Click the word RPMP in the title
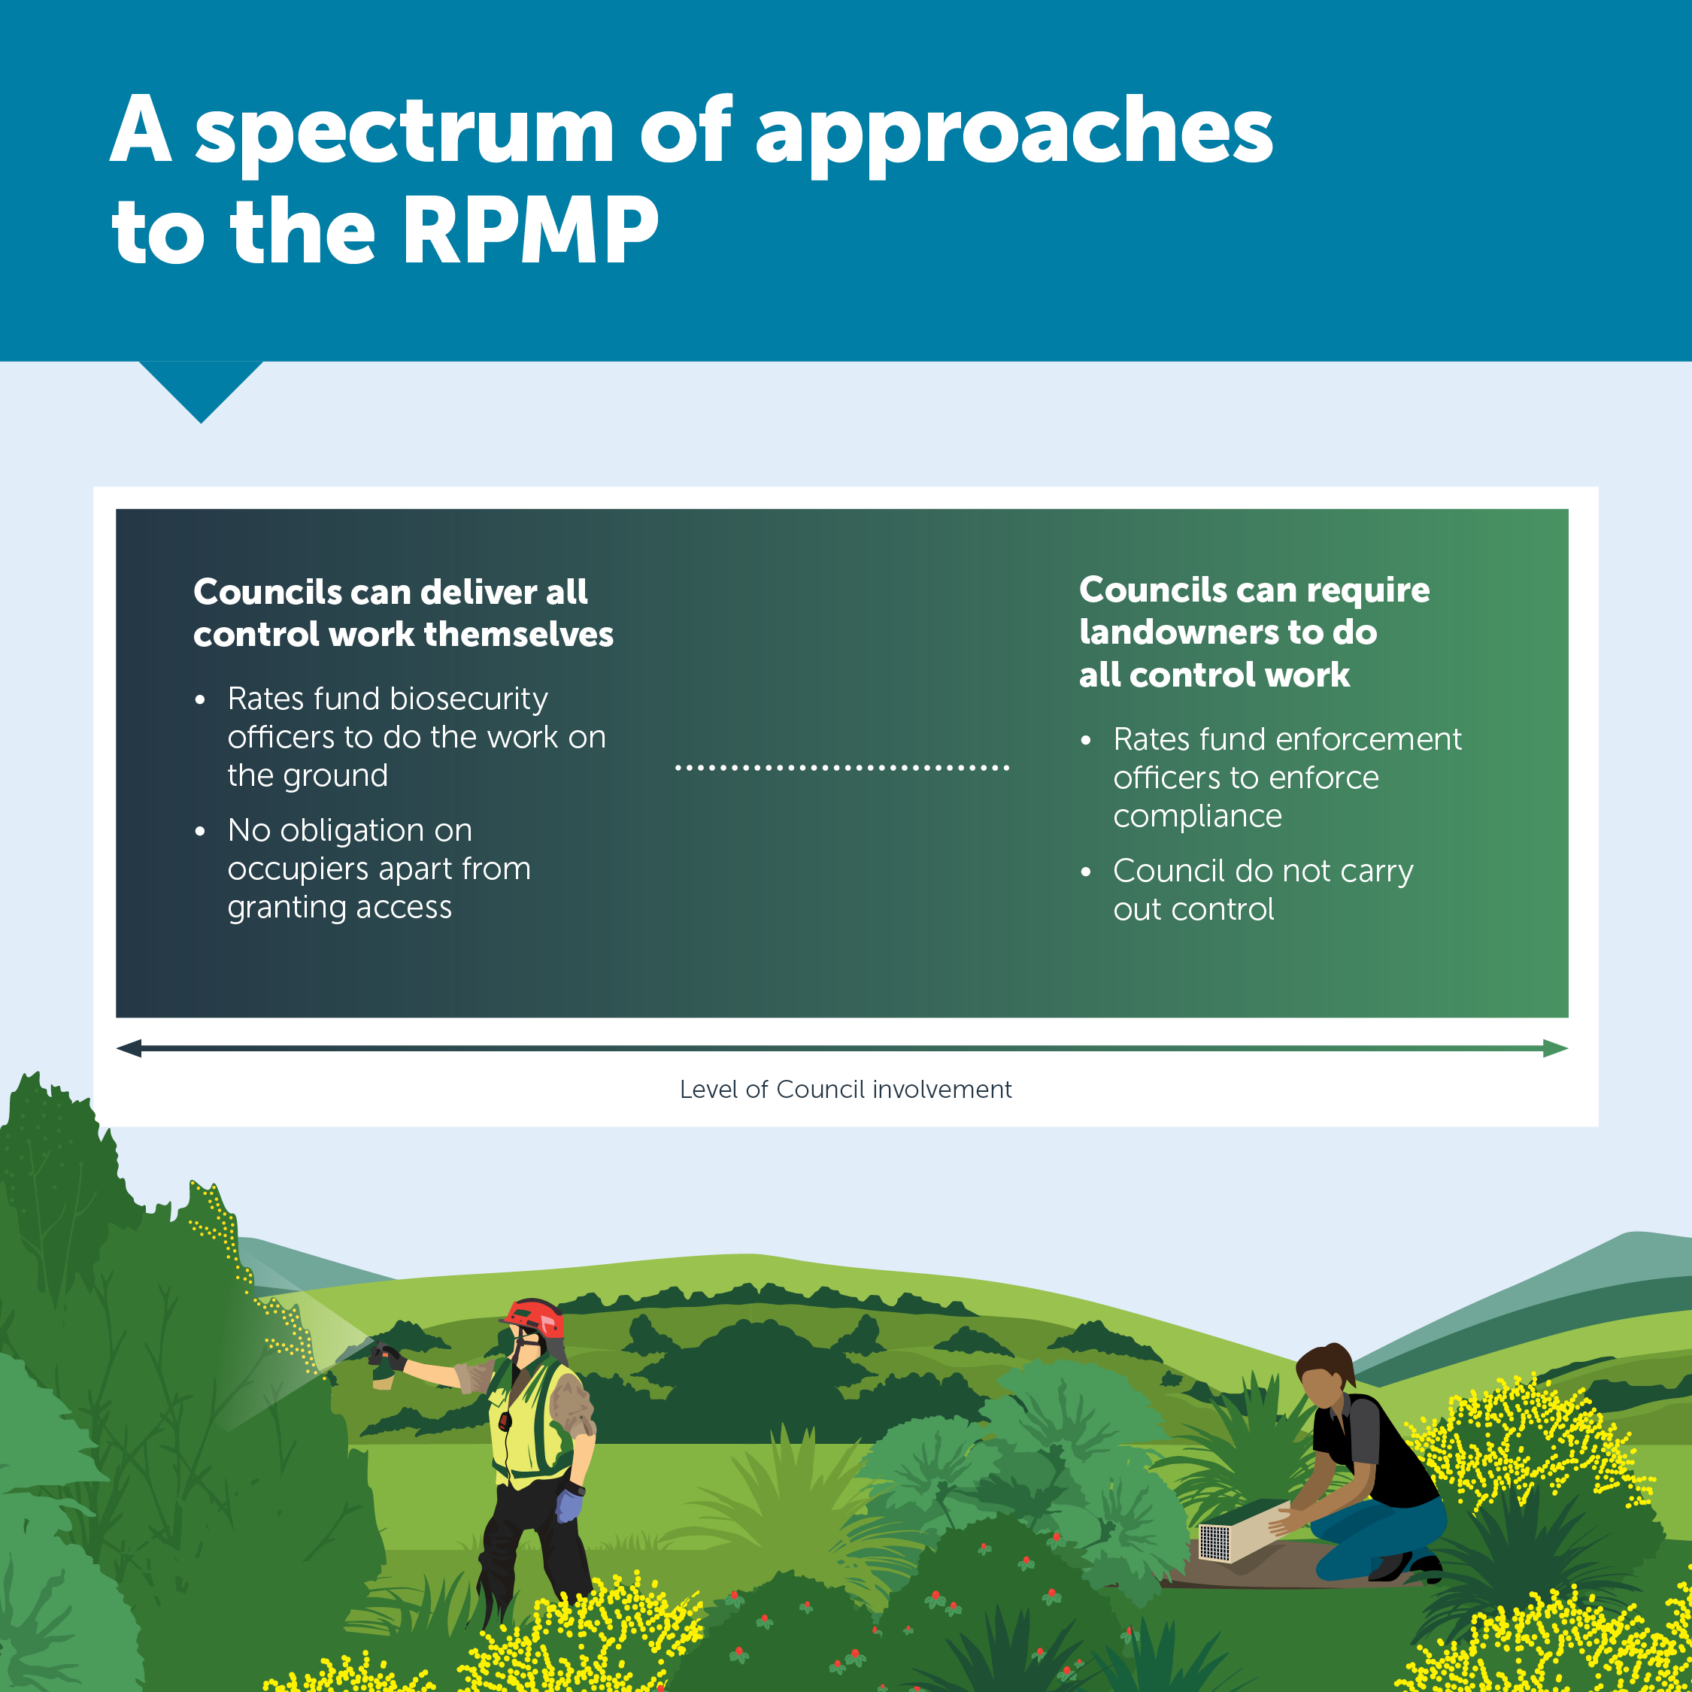pos(530,230)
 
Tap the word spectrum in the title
pos(405,132)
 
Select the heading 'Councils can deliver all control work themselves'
pos(403,613)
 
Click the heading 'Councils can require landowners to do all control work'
pos(1254,632)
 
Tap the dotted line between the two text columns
pos(841,768)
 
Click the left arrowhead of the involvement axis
pos(129,1048)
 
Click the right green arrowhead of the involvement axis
pos(1555,1048)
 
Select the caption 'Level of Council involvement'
pos(845,1090)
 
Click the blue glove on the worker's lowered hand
pos(569,1505)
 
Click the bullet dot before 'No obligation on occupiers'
pos(201,831)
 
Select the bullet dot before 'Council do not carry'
pos(1086,872)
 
